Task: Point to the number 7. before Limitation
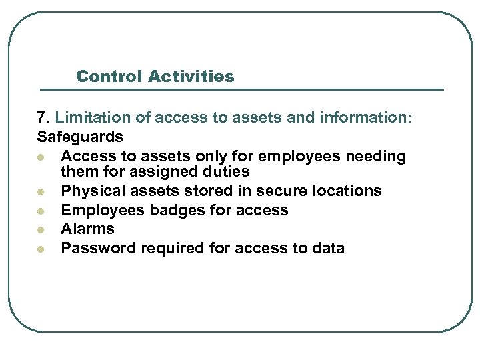coord(44,118)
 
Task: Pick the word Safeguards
coord(80,137)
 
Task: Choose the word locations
coord(343,191)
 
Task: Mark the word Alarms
coord(87,229)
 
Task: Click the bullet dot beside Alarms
coord(41,229)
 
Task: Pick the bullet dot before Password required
coord(41,249)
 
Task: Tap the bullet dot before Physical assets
coord(41,192)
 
